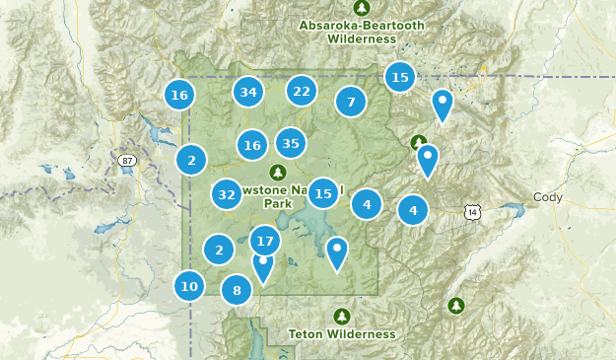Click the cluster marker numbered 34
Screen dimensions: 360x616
(248, 93)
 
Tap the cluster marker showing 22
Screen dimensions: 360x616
(302, 92)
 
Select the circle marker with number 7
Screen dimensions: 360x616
(350, 102)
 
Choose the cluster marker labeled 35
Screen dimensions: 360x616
(290, 144)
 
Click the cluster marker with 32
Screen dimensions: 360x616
(227, 194)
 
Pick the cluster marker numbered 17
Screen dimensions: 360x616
(264, 241)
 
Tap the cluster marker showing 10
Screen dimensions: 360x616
(189, 287)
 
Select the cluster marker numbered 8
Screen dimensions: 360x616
(237, 290)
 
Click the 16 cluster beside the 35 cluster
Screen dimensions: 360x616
(252, 146)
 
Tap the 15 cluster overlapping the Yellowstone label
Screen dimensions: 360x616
(323, 193)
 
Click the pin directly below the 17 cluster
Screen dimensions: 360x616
(263, 266)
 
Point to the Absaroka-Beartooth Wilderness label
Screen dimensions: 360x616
(349, 32)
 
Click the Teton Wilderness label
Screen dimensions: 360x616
(342, 334)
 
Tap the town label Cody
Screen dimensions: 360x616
(547, 196)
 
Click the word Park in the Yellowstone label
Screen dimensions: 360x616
(278, 204)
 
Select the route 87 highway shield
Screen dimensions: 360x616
(126, 160)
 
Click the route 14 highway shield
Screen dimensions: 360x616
(474, 212)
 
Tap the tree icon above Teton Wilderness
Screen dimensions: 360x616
(342, 316)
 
